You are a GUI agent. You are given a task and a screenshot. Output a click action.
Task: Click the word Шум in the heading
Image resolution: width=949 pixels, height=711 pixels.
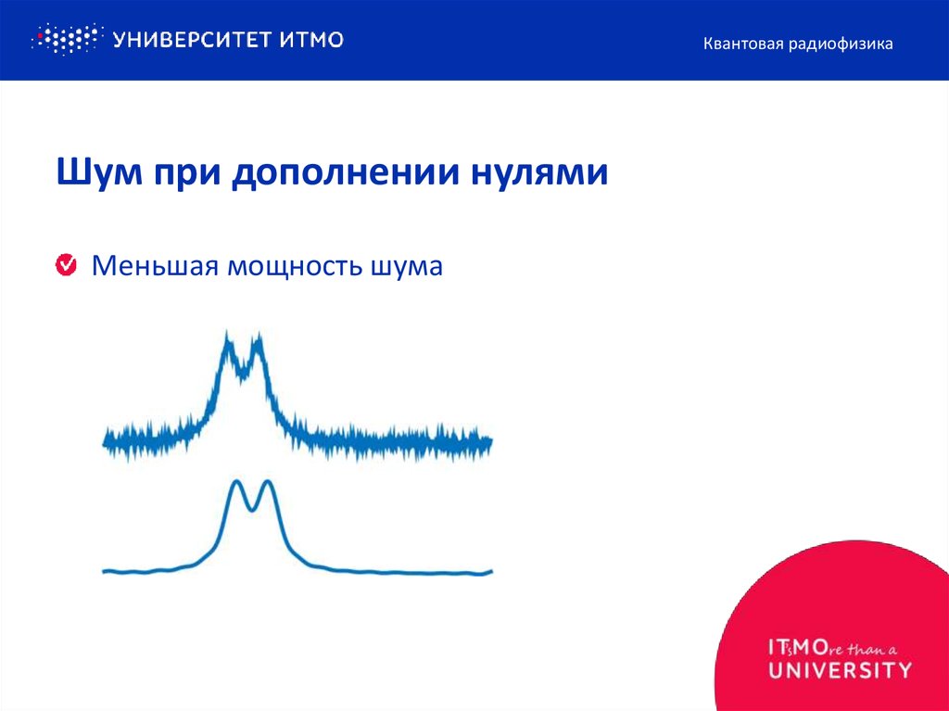click(x=95, y=172)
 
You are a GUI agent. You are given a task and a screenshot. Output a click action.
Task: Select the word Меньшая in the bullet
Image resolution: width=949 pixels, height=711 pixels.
click(x=153, y=267)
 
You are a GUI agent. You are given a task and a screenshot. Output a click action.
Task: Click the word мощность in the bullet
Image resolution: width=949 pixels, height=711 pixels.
click(x=293, y=267)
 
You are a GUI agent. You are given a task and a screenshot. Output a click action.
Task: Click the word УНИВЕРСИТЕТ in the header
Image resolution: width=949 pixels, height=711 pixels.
click(x=191, y=39)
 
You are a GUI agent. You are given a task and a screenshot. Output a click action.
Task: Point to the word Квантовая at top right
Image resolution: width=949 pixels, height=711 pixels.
click(x=743, y=43)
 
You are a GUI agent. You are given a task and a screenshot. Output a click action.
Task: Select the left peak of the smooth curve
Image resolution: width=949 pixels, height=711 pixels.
click(x=236, y=482)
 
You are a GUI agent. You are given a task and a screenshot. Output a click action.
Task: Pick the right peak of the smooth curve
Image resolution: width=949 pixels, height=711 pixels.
click(x=268, y=482)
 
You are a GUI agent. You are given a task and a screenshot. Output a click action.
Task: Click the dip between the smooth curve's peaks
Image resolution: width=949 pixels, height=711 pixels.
click(x=252, y=508)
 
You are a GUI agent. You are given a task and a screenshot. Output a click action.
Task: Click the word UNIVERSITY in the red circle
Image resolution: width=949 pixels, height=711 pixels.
click(x=840, y=669)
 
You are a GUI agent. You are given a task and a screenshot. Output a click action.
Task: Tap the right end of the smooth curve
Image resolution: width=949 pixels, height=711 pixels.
click(x=488, y=571)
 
